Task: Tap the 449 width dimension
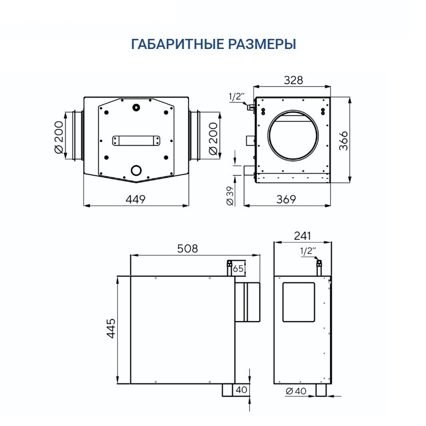pos(135,199)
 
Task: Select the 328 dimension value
pos(293,80)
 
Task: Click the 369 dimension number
pos(286,199)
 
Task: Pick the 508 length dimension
pos(187,248)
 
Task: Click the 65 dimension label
pos(239,269)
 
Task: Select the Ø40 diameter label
pos(296,391)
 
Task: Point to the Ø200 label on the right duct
pos(213,136)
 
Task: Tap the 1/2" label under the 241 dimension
pos(308,251)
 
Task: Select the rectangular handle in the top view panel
pos(136,141)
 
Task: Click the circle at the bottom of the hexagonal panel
pos(136,170)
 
